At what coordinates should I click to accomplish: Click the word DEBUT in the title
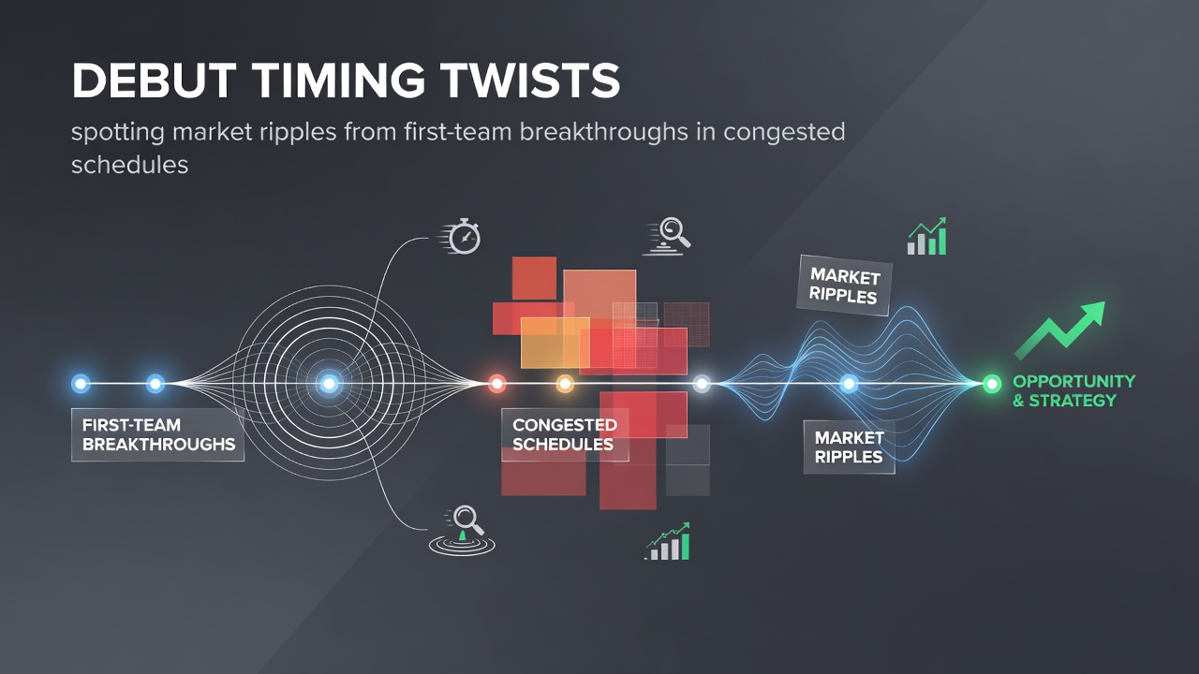click(x=154, y=81)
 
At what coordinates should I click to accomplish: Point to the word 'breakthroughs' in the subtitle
click(x=603, y=132)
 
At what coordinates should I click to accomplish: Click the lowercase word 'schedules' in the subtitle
click(x=129, y=164)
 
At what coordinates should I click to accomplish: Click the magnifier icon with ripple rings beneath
click(x=462, y=530)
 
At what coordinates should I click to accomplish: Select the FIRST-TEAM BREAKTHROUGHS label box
click(x=158, y=435)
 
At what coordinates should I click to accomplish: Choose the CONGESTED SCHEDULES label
click(x=565, y=435)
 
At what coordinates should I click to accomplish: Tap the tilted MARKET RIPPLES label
click(x=845, y=286)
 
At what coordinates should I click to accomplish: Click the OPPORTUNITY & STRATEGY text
click(x=1073, y=391)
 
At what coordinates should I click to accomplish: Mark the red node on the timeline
click(x=497, y=384)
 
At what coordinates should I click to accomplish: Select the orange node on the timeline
click(x=565, y=384)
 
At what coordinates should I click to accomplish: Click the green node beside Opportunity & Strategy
click(x=991, y=384)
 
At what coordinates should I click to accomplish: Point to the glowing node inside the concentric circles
click(x=329, y=384)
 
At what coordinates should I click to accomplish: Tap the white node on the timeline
click(x=702, y=384)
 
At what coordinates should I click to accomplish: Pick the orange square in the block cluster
click(x=555, y=343)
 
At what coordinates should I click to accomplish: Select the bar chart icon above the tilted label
click(x=927, y=237)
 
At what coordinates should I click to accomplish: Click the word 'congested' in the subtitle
click(x=784, y=133)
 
